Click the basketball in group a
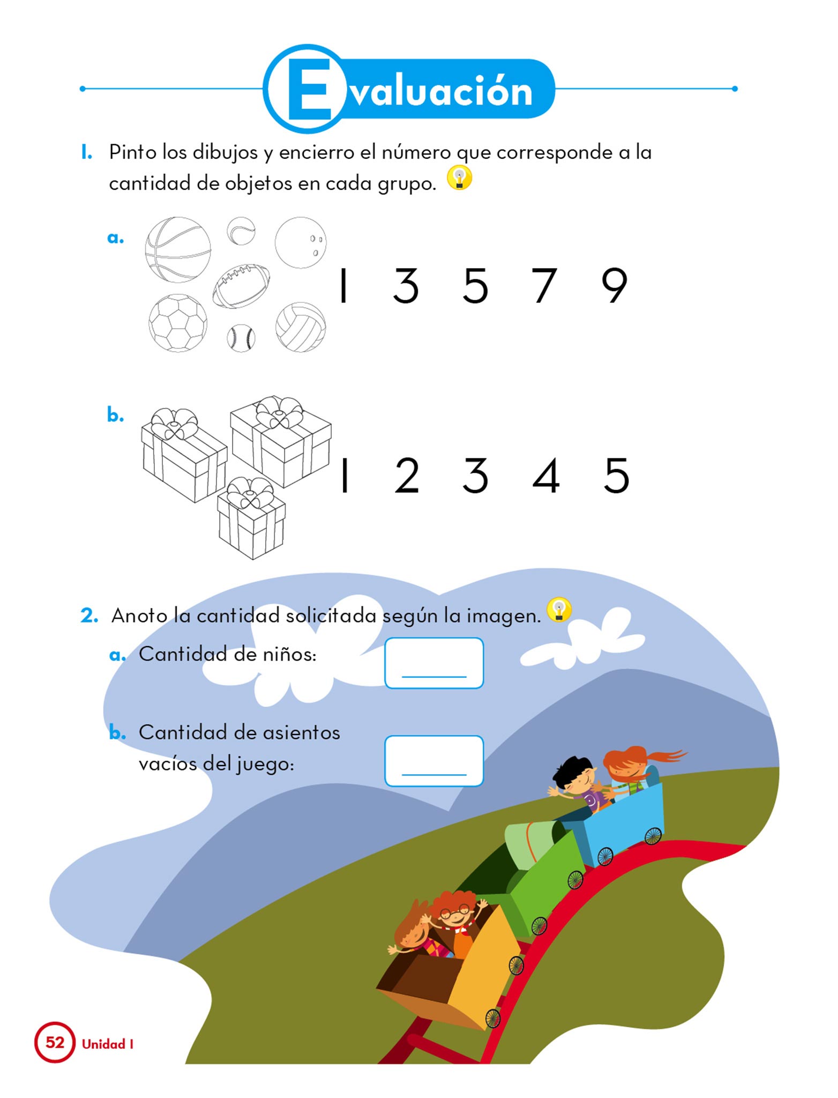(178, 250)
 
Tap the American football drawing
(241, 286)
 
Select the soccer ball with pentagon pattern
(178, 323)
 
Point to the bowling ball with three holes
(300, 242)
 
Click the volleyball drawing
(301, 327)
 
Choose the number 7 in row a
(544, 286)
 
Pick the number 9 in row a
(614, 286)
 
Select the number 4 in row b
(546, 476)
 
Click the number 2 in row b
(407, 476)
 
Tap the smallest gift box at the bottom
(251, 518)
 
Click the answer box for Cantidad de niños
(434, 663)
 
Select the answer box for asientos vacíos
(434, 761)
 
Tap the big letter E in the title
(309, 89)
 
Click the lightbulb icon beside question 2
(559, 610)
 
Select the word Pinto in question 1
(132, 152)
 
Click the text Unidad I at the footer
(108, 1044)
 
